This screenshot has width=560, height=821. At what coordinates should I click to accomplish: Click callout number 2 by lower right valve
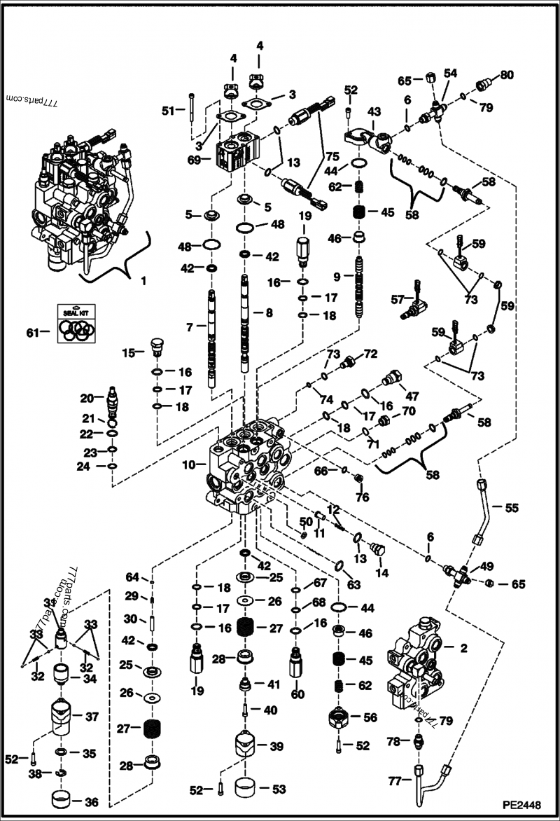click(x=463, y=648)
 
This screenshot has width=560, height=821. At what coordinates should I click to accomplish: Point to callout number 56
click(x=370, y=717)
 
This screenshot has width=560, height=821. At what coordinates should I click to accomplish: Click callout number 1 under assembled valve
click(x=144, y=281)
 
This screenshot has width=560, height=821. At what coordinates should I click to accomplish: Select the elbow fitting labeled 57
click(x=421, y=305)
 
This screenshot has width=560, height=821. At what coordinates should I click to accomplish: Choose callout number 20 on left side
click(x=87, y=398)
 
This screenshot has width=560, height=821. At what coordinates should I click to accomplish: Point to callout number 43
click(x=374, y=112)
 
